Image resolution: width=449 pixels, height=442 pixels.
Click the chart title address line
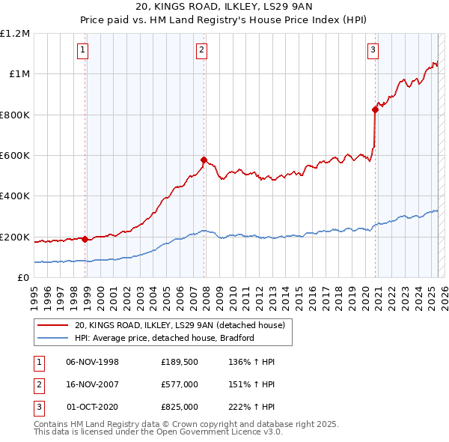(224, 8)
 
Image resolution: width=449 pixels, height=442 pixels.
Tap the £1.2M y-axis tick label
(15, 33)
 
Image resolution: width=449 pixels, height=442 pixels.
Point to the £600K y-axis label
(15, 155)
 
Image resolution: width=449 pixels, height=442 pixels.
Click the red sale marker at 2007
(204, 160)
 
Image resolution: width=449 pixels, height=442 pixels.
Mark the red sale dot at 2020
(375, 109)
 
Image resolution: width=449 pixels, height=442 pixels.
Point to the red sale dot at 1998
(85, 239)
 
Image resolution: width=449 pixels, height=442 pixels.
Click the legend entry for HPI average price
(165, 338)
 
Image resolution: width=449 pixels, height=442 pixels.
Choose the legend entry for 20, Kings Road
(180, 326)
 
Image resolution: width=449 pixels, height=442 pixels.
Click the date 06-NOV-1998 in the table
(93, 362)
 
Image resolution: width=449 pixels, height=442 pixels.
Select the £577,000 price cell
(180, 384)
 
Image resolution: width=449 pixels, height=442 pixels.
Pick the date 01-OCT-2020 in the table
(93, 407)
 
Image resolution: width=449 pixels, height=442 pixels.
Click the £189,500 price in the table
(180, 362)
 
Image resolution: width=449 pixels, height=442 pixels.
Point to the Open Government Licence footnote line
(158, 432)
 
